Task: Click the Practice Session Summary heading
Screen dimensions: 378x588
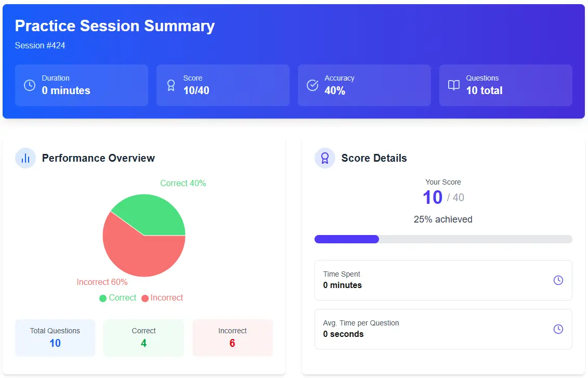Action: tap(114, 26)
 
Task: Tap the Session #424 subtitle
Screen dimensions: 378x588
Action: tap(40, 46)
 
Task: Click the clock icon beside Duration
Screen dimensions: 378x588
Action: tap(30, 85)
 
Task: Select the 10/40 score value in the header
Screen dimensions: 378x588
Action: tap(196, 90)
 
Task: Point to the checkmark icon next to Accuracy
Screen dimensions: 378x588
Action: tap(312, 85)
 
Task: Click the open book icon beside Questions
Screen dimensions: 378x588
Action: tap(454, 85)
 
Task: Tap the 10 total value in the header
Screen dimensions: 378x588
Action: tap(484, 90)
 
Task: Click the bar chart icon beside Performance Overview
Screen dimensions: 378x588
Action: tap(25, 158)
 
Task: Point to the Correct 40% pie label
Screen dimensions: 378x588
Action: tap(183, 184)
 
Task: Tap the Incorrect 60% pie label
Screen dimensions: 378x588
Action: tap(102, 282)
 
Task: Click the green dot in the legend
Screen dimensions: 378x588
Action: tap(103, 298)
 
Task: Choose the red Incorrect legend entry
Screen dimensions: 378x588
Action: tap(162, 298)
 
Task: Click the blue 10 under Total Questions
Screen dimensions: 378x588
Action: tap(55, 343)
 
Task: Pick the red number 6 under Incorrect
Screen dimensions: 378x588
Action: tap(232, 343)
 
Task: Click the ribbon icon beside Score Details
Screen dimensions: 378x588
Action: tap(325, 158)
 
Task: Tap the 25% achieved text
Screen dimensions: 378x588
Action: tap(443, 219)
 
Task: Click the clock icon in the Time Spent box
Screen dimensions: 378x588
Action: tap(558, 280)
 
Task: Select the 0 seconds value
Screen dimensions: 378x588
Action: tap(343, 334)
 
